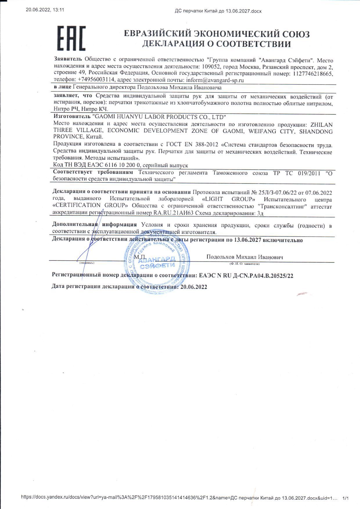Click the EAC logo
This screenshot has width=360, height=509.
tap(71, 38)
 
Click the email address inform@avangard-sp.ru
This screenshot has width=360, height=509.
tap(215, 80)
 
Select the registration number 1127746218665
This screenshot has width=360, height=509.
tap(313, 73)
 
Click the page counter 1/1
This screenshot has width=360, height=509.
tap(345, 498)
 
